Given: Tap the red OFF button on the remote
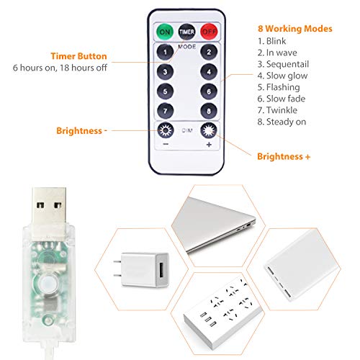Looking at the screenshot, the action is (x=209, y=32).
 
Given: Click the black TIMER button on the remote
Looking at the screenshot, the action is (x=186, y=32).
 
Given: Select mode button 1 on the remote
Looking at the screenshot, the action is (x=165, y=52).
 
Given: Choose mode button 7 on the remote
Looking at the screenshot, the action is (x=165, y=111).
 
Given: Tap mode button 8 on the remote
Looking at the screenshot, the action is (x=209, y=111).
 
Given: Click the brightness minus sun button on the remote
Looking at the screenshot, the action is (x=166, y=130).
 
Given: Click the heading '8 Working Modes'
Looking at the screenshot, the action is (x=295, y=29).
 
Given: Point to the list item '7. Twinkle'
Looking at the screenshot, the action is (x=277, y=110).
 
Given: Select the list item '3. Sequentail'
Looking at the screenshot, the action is (x=283, y=64).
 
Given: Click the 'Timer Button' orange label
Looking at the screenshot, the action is (x=78, y=56).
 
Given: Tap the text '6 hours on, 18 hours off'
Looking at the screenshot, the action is (x=60, y=68).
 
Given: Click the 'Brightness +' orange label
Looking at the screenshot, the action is (x=284, y=156).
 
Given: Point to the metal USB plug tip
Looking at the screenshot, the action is (x=50, y=207).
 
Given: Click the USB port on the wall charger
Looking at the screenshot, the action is (x=161, y=270).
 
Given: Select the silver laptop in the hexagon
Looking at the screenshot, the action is (x=214, y=225).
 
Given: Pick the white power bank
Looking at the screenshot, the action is (x=302, y=265).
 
